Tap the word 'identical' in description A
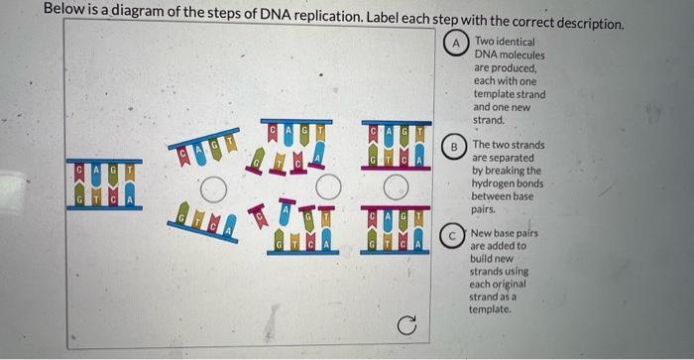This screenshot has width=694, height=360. [513, 43]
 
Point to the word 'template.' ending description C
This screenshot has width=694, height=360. [491, 310]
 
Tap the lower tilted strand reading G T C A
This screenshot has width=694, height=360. [204, 219]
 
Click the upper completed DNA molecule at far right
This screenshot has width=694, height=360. [395, 147]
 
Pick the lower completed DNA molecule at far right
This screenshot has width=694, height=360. [395, 230]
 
